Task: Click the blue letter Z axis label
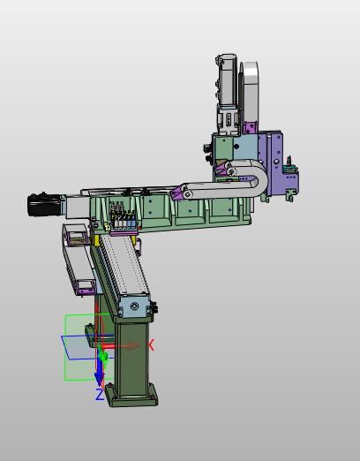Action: (100, 395)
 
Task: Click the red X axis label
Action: (151, 345)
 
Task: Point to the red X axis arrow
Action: (122, 345)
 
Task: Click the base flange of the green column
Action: (131, 396)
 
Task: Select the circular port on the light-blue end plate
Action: (134, 306)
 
